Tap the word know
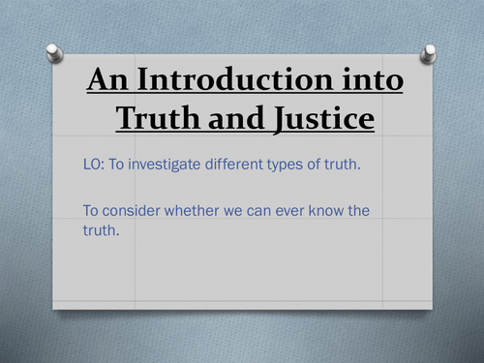coord(348,210)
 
